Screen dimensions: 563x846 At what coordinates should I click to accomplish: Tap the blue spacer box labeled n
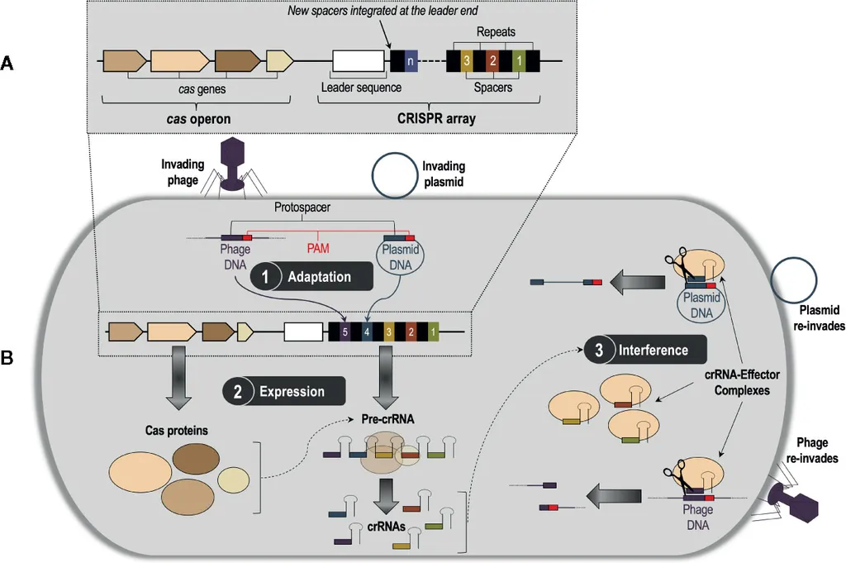pyautogui.click(x=411, y=61)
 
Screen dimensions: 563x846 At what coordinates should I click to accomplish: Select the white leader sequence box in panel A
pyautogui.click(x=359, y=61)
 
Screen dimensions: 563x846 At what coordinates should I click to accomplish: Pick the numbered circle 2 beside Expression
pyautogui.click(x=237, y=391)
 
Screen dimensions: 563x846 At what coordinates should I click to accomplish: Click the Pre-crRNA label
pyautogui.click(x=387, y=420)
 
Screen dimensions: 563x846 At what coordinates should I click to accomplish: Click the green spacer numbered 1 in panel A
pyautogui.click(x=517, y=61)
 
